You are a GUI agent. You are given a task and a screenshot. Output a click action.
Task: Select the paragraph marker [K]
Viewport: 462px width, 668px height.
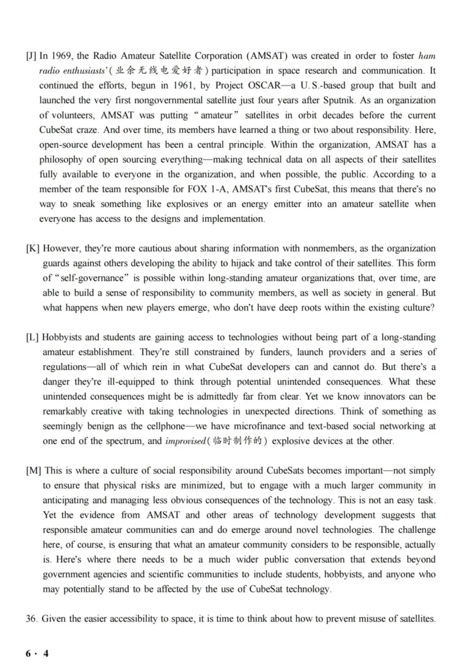pos(32,248)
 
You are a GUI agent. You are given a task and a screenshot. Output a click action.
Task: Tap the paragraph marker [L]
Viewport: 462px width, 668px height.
pos(32,337)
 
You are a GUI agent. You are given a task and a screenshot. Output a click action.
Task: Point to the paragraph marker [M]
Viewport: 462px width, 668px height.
pos(33,471)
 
